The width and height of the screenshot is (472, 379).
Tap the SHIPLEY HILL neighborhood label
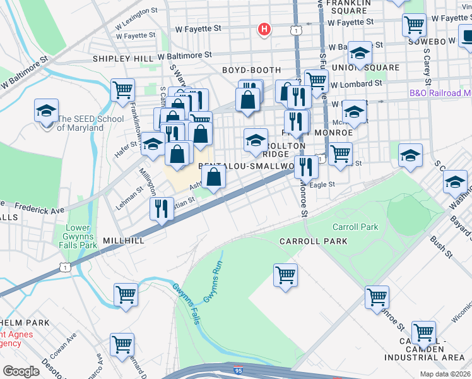(x=123, y=57)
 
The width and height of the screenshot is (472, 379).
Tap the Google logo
(x=21, y=371)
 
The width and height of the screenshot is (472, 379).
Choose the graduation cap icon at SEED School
(x=46, y=111)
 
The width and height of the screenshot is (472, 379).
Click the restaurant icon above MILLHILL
(x=162, y=208)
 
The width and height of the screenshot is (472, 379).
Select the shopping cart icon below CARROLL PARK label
(x=285, y=275)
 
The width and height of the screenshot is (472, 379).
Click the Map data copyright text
(x=445, y=374)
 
